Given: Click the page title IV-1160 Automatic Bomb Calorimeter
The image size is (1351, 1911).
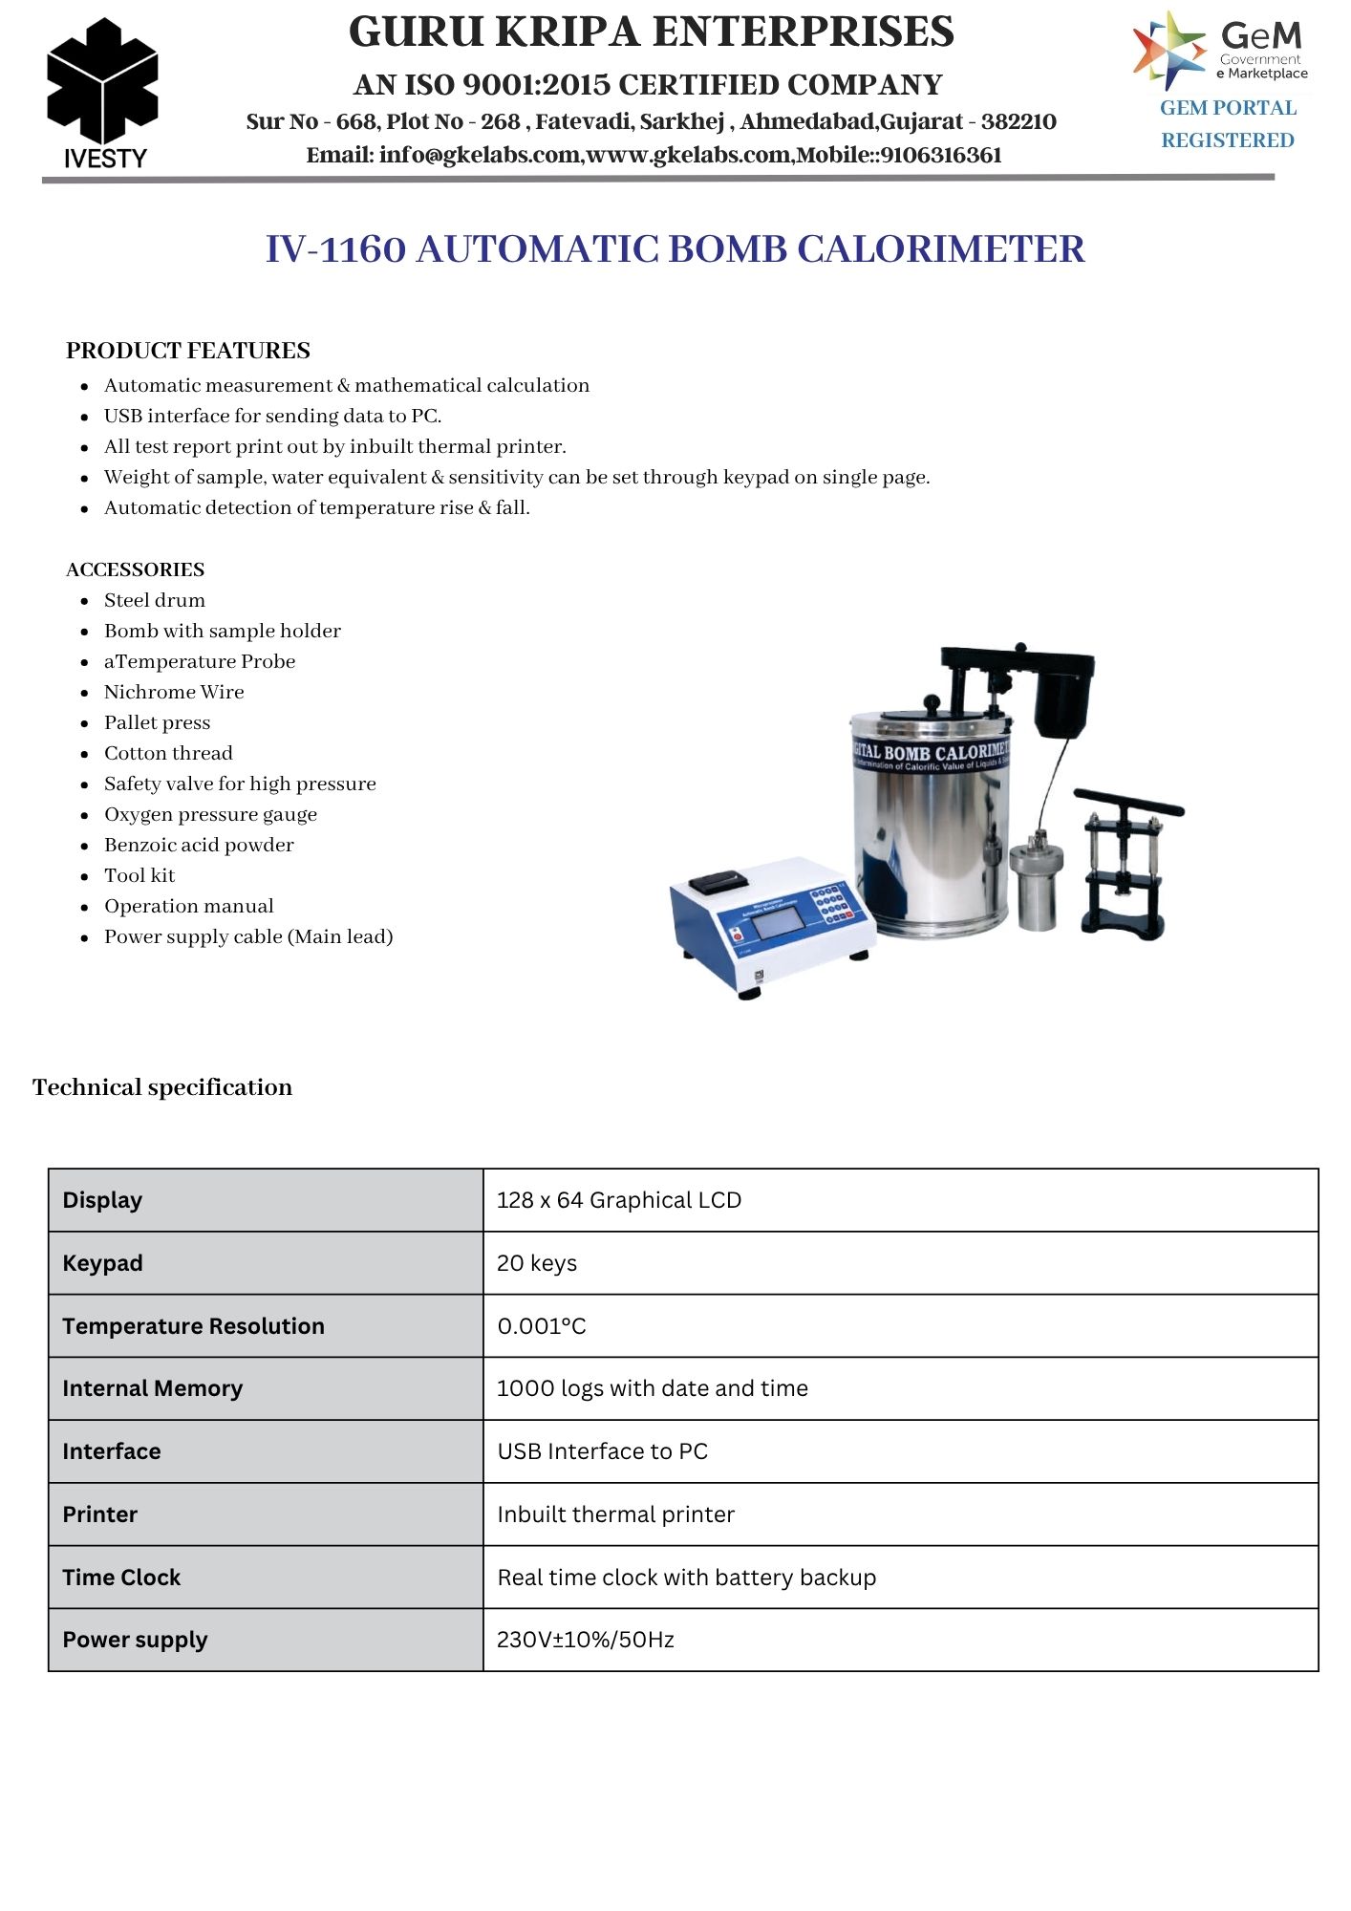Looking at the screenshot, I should pyautogui.click(x=675, y=249).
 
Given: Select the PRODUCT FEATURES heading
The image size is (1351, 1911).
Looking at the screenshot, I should pyautogui.click(x=188, y=351).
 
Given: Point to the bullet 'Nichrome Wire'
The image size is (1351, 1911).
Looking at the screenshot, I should pyautogui.click(x=174, y=692).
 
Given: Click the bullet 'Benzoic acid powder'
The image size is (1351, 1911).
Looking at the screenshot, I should pyautogui.click(x=199, y=845).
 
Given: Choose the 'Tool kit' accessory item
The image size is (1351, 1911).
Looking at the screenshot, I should pyautogui.click(x=139, y=875).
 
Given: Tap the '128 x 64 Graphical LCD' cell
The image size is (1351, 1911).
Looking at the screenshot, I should pyautogui.click(x=618, y=1200).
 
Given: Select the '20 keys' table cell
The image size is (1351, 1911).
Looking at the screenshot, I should pyautogui.click(x=537, y=1263).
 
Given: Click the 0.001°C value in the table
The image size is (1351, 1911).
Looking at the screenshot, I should pyautogui.click(x=542, y=1326).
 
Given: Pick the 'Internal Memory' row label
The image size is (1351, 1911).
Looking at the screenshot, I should pyautogui.click(x=152, y=1388).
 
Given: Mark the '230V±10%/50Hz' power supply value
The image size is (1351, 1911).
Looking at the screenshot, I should pyautogui.click(x=586, y=1640).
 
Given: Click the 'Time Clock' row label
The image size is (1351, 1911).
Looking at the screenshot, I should pyautogui.click(x=121, y=1578).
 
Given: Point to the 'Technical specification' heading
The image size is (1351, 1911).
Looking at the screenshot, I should pyautogui.click(x=162, y=1087).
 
